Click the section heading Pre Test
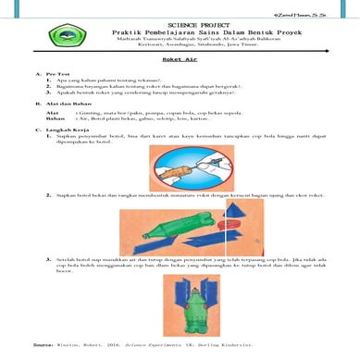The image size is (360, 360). [56, 73]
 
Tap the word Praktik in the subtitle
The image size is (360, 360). [104, 29]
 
